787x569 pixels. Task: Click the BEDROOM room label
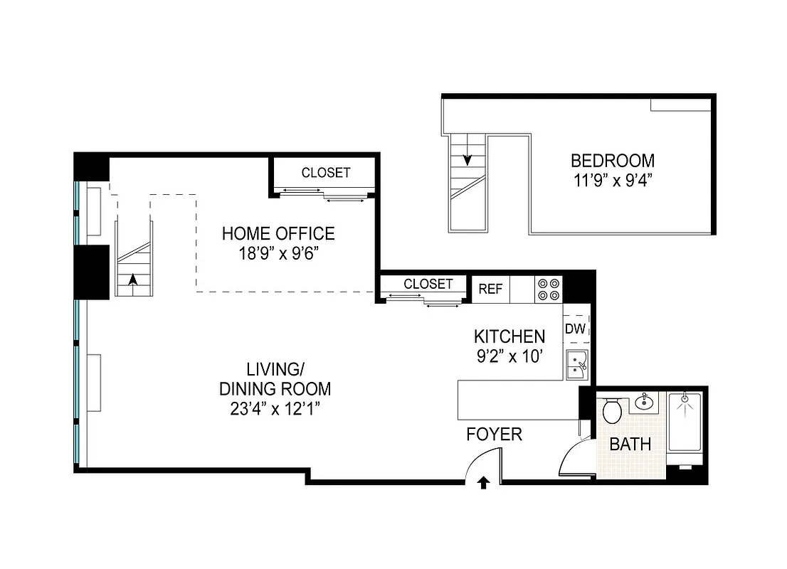613,161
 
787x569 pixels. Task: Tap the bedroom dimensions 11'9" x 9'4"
613,180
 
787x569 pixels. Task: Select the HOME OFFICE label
278,233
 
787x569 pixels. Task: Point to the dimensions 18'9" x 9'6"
278,253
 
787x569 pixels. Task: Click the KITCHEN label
509,336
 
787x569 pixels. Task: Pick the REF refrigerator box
490,289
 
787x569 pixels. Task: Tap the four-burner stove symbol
548,289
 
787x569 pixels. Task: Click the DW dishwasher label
575,329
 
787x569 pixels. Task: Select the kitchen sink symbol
576,365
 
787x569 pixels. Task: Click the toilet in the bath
612,410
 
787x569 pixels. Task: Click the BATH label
630,445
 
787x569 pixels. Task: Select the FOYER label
494,434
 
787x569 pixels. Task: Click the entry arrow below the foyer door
483,484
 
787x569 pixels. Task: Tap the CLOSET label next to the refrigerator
428,284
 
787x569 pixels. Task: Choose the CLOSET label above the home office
326,173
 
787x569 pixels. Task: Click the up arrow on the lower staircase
132,280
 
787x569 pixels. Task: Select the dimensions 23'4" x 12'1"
275,409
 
